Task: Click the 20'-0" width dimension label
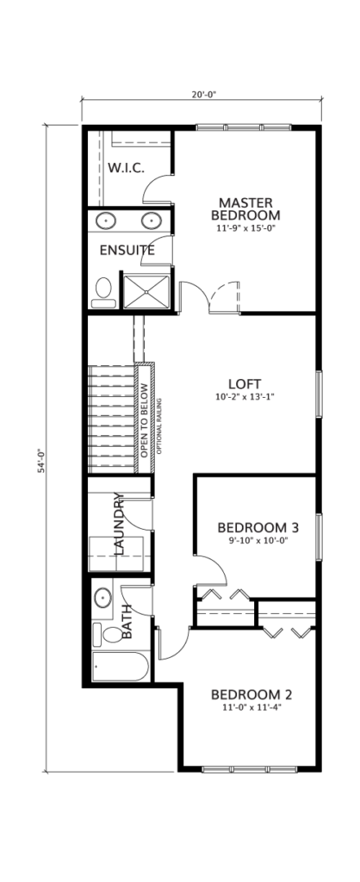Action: pyautogui.click(x=203, y=95)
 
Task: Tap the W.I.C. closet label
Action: pyautogui.click(x=126, y=167)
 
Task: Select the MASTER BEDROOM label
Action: pyautogui.click(x=245, y=208)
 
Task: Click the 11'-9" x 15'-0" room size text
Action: pyautogui.click(x=245, y=228)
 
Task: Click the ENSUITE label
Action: pyautogui.click(x=127, y=251)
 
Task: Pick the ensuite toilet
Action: pyautogui.click(x=103, y=293)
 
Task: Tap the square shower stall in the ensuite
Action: pyautogui.click(x=146, y=291)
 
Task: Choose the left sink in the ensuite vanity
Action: pyautogui.click(x=105, y=220)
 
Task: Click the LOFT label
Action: pyautogui.click(x=245, y=384)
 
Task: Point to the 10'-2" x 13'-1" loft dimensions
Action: pyautogui.click(x=245, y=396)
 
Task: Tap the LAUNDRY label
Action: pyautogui.click(x=118, y=524)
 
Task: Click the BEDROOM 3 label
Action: pyautogui.click(x=258, y=528)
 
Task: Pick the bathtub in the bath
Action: pyautogui.click(x=121, y=667)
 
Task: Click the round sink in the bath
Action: pyautogui.click(x=102, y=598)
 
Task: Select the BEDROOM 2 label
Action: pyautogui.click(x=251, y=695)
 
